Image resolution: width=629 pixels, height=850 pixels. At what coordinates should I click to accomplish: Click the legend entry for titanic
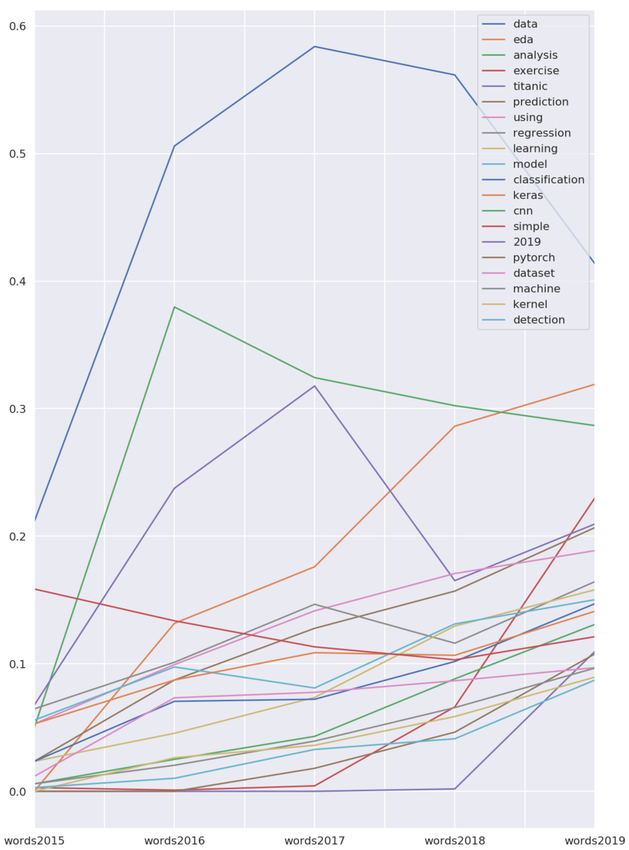coord(530,86)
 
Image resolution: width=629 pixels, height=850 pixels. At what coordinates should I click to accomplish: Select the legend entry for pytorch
coord(534,258)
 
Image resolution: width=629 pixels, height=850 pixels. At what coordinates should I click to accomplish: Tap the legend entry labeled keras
coord(528,195)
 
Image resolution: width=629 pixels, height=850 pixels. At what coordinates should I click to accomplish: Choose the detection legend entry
coord(539,320)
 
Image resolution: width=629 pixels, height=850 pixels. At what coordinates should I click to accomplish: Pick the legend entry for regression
coord(542,133)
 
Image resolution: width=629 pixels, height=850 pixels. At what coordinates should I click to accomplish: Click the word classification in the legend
coord(548,180)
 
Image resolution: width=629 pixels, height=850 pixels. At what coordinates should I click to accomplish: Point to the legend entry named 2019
coord(526,242)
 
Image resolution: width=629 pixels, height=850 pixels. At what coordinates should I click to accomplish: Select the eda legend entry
coord(523,40)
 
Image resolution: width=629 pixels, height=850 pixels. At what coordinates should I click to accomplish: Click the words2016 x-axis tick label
coord(174,841)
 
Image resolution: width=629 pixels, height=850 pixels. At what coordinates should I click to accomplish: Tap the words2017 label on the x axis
coord(314,841)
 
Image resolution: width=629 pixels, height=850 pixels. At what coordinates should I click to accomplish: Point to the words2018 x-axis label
coord(454,841)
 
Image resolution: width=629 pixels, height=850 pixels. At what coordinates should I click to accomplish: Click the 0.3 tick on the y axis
coord(17,409)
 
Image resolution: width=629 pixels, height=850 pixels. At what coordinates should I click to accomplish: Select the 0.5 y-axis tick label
coord(17,154)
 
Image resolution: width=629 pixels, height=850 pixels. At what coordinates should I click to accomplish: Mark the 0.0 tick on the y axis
coord(17,791)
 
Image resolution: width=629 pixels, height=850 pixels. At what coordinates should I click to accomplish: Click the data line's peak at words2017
coord(314,47)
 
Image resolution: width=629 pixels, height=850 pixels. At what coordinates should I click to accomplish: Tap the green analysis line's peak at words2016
coord(174,307)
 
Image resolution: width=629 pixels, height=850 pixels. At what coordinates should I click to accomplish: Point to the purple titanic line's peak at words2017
coord(314,385)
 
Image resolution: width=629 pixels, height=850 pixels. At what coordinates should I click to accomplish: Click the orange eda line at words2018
coord(454,426)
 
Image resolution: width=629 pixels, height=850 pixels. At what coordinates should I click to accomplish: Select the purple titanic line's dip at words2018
coord(454,581)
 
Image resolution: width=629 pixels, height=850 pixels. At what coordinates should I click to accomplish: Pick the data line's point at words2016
coord(174,146)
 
